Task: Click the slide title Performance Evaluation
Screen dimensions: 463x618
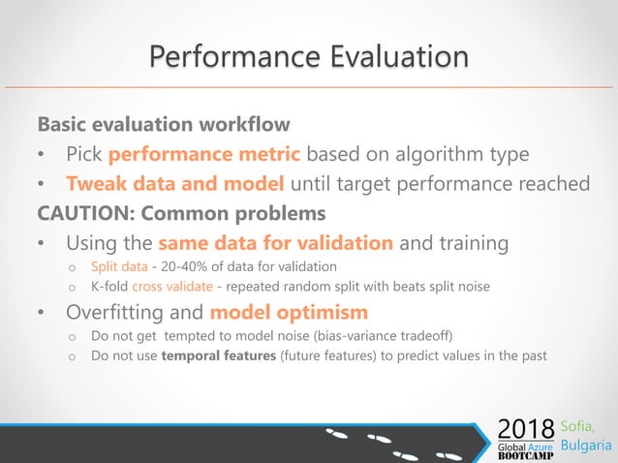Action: point(308,55)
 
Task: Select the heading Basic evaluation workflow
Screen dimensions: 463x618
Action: point(163,126)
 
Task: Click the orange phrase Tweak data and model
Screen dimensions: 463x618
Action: point(175,183)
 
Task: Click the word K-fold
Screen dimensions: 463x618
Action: point(109,287)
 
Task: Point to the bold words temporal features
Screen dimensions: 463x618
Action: point(215,355)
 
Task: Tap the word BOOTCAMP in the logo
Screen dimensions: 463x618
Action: point(525,455)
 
